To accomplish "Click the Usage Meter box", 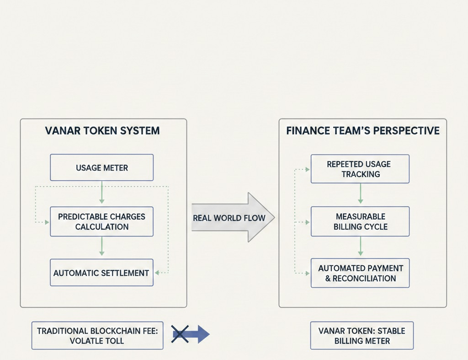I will pyautogui.click(x=101, y=168).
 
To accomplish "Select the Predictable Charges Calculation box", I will pyautogui.click(x=101, y=221).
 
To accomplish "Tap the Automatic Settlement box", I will pyautogui.click(x=101, y=273).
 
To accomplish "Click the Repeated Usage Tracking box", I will pyautogui.click(x=360, y=169).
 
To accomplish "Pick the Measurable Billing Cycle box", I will pyautogui.click(x=360, y=221).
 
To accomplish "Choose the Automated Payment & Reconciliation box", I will pyautogui.click(x=360, y=273).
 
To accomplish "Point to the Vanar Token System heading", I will pyautogui.click(x=102, y=131).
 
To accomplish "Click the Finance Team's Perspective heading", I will pyautogui.click(x=362, y=131).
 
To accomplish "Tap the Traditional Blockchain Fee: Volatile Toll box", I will pyautogui.click(x=97, y=335).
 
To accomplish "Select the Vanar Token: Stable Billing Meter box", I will pyautogui.click(x=362, y=335).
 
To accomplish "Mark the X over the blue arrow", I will pyautogui.click(x=180, y=334).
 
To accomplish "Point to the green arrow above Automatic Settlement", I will pyautogui.click(x=101, y=247).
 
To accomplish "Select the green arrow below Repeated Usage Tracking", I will pyautogui.click(x=360, y=194).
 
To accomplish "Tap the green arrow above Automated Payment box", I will pyautogui.click(x=360, y=247).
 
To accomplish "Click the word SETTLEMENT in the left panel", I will pyautogui.click(x=126, y=273).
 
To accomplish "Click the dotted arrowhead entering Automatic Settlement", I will pyautogui.click(x=157, y=273).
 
